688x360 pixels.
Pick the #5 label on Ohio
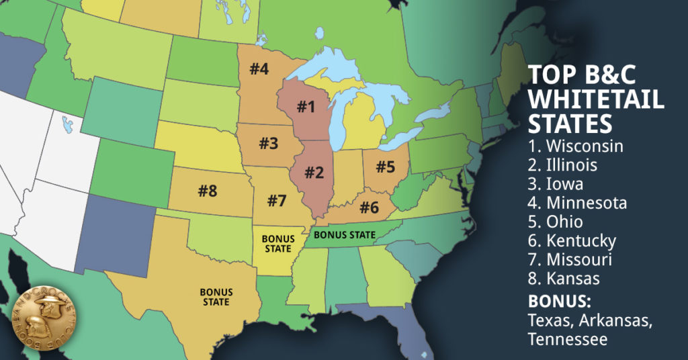pyautogui.click(x=386, y=167)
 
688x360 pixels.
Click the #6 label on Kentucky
pyautogui.click(x=369, y=208)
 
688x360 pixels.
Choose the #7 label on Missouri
pyautogui.click(x=277, y=200)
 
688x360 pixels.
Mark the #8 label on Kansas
pyautogui.click(x=208, y=191)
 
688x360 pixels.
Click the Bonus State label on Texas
pyautogui.click(x=216, y=297)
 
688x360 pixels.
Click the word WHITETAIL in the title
pyautogui.click(x=596, y=100)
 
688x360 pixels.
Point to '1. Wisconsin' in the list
pyautogui.click(x=576, y=145)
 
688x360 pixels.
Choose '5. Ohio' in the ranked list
pyautogui.click(x=556, y=221)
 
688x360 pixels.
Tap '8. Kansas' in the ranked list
pyautogui.click(x=564, y=277)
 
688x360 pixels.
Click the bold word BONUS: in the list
pyautogui.click(x=558, y=300)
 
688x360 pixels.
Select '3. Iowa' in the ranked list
pyautogui.click(x=556, y=183)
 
